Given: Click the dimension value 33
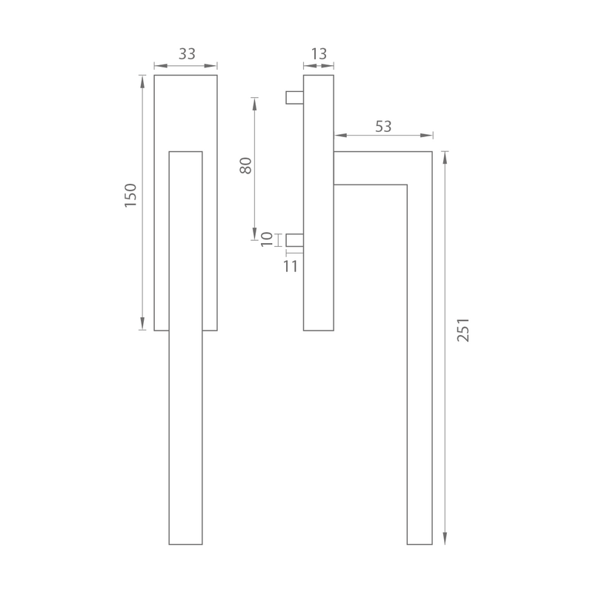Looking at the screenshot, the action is [x=187, y=54].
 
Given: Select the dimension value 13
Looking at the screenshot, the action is [x=319, y=54].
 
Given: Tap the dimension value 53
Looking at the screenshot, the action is [x=383, y=127].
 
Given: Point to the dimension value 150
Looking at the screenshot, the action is [x=130, y=195].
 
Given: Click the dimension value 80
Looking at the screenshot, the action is [x=246, y=165].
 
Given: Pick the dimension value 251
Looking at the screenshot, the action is [x=463, y=330].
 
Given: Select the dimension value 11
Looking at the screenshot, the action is [x=291, y=267].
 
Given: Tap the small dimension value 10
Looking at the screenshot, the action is [x=267, y=239].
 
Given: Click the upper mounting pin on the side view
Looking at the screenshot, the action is [x=294, y=97].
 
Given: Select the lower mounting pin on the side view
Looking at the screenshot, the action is [x=294, y=240].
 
